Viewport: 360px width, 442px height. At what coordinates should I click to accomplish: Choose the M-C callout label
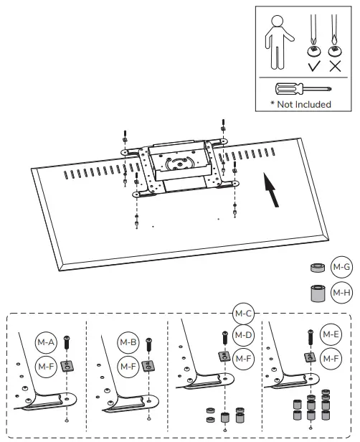click(243, 314)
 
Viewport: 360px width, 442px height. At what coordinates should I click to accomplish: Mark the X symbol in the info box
click(333, 67)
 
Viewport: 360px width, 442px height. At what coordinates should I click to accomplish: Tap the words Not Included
click(301, 104)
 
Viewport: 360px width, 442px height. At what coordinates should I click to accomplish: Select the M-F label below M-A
click(47, 365)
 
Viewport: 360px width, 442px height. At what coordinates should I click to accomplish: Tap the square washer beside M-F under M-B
click(148, 365)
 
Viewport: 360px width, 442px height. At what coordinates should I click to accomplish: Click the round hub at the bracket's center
click(176, 163)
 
